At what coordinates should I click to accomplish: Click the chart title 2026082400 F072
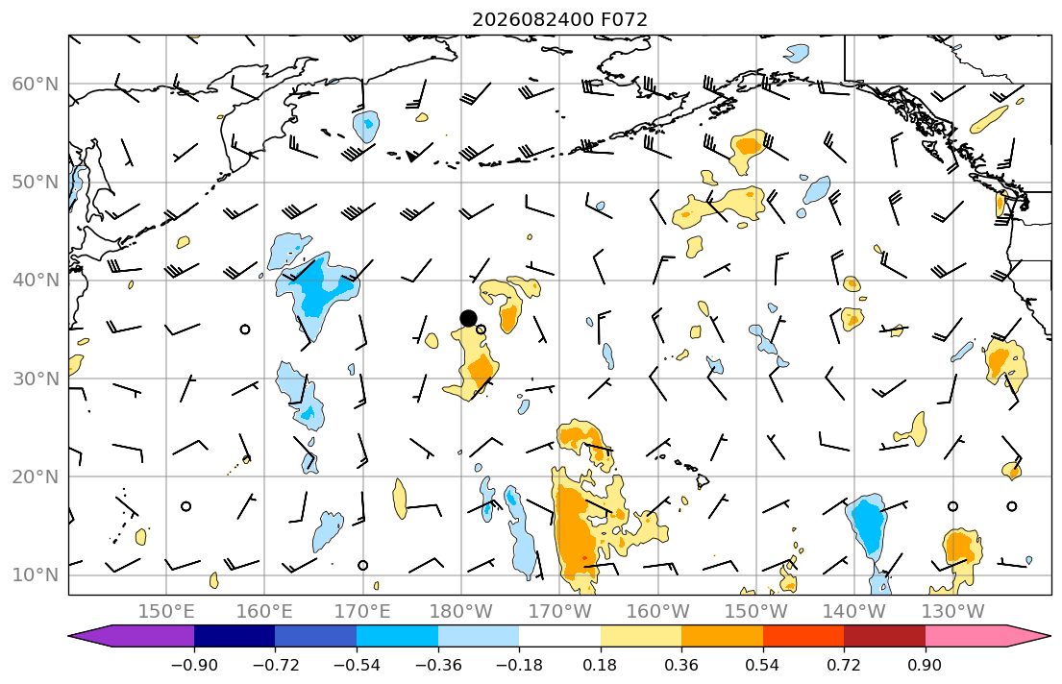pos(559,19)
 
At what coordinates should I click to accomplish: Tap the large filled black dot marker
pos(468,318)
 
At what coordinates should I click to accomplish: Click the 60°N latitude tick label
pos(36,84)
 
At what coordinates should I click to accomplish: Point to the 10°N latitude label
pos(36,575)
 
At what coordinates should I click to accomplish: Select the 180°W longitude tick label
pos(461,612)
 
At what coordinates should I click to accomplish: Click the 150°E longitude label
pos(166,612)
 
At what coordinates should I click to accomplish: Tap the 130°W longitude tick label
pos(953,612)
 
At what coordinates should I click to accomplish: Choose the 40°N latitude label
pos(36,281)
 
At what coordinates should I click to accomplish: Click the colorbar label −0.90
pos(194,665)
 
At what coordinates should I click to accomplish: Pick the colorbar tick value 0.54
pos(763,665)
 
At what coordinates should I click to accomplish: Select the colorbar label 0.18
pos(600,665)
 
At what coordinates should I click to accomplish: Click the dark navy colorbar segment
pos(235,636)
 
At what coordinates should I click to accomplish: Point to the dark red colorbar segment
pos(884,636)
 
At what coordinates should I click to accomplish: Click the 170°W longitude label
pos(559,612)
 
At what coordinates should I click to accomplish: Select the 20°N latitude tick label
pos(36,476)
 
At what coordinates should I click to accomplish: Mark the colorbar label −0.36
pos(438,665)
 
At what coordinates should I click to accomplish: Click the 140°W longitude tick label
pos(854,612)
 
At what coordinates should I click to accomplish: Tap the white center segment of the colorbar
pos(559,636)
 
